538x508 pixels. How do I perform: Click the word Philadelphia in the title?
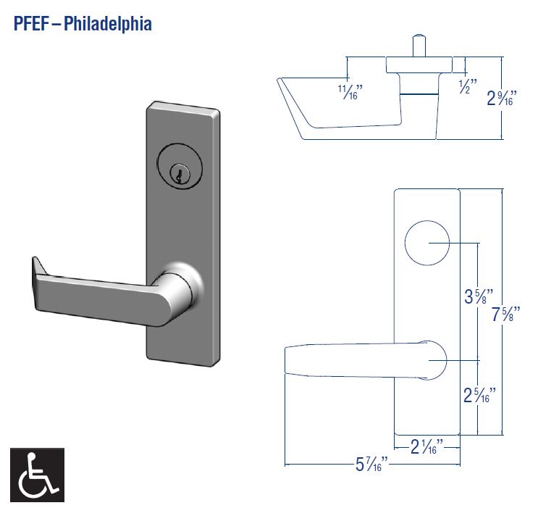point(108,23)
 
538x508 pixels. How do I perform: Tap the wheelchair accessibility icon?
point(37,474)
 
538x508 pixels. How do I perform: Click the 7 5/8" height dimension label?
point(506,315)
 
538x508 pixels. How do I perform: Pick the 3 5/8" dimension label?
point(479,296)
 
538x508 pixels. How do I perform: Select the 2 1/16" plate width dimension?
point(427,446)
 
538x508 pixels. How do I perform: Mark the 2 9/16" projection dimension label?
point(502,97)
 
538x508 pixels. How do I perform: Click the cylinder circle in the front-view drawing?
point(426,243)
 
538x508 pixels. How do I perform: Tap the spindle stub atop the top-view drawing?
point(417,44)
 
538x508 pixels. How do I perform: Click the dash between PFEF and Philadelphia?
point(57,23)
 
